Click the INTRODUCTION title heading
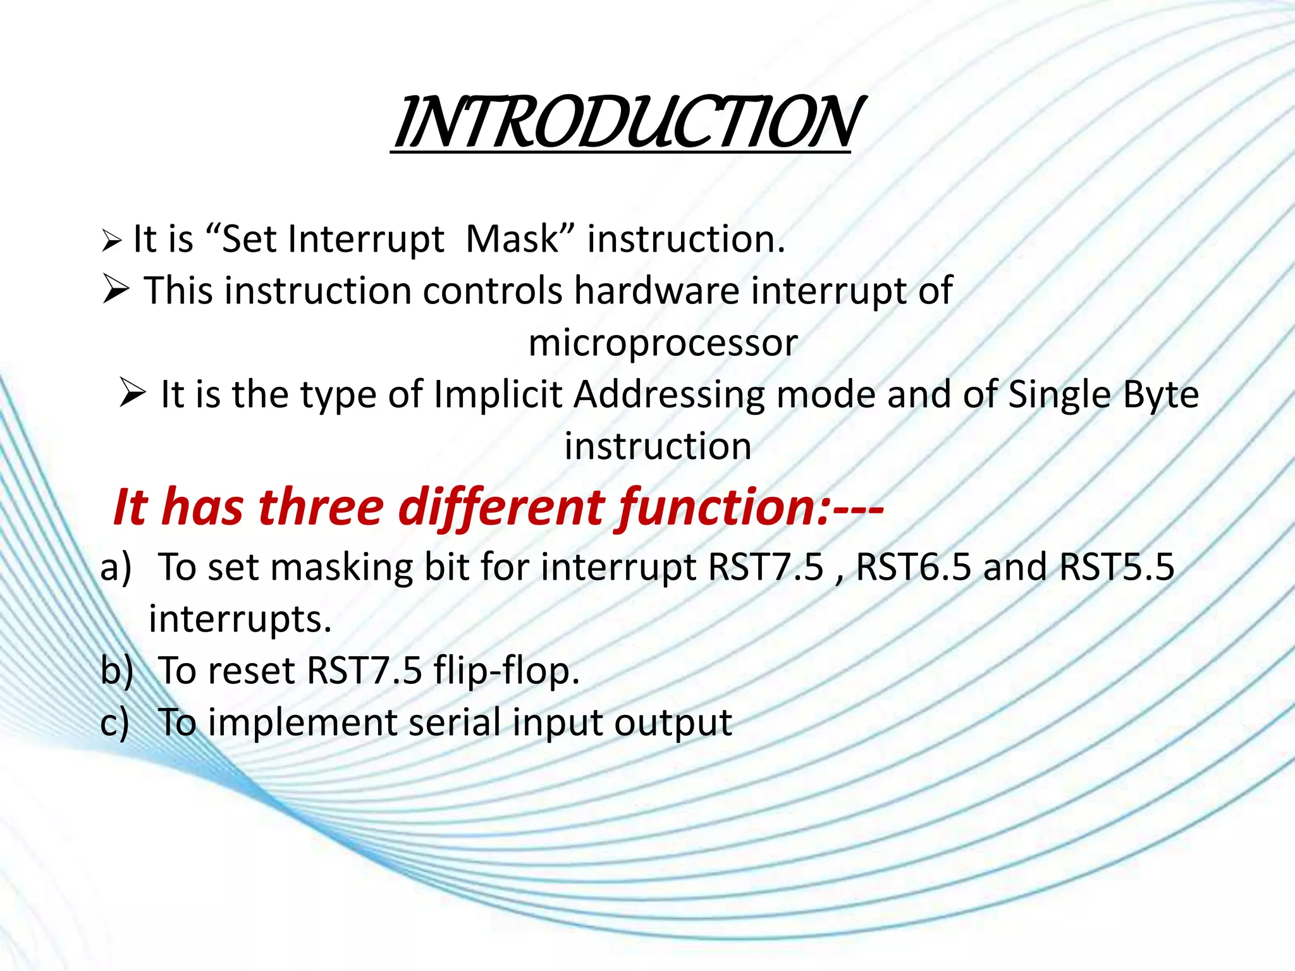626,123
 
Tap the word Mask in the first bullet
512,240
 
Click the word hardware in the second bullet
656,291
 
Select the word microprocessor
663,343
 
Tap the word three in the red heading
321,508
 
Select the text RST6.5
913,567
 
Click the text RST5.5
1117,567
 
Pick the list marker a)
116,567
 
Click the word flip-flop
506,671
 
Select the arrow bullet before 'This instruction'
115,291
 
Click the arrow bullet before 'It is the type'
132,394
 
